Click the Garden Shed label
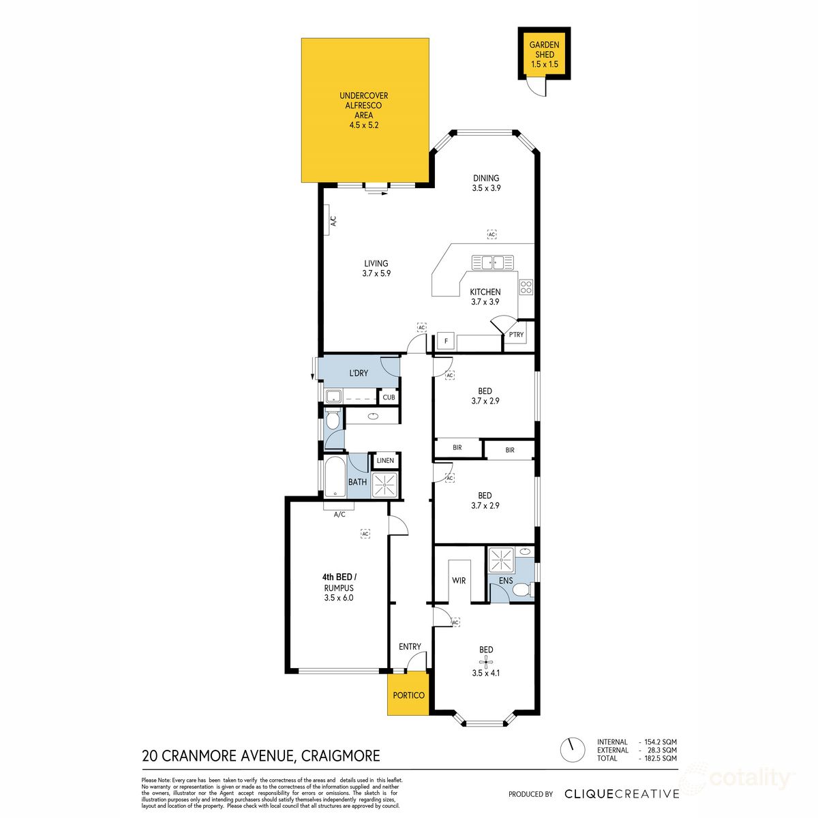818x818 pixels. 544,55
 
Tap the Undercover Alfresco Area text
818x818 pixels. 363,110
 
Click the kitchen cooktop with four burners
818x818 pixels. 526,287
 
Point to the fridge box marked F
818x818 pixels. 446,341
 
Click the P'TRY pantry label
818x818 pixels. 516,335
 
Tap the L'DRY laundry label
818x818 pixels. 359,373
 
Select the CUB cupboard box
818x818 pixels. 389,397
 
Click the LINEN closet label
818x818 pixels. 385,461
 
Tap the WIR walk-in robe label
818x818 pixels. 459,581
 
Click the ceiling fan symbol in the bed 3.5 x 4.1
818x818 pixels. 486,661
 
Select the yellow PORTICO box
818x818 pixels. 408,695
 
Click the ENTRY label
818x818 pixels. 410,646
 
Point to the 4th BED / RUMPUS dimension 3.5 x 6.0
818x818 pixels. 339,598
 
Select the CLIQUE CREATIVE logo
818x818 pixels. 622,793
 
